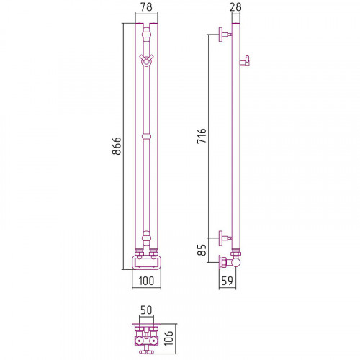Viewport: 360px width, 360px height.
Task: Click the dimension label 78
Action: pos(146,6)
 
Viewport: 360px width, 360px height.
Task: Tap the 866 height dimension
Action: pos(117,146)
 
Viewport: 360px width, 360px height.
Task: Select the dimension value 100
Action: pos(146,281)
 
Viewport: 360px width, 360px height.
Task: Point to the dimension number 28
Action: pos(235,6)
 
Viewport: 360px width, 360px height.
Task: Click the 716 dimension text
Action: pos(202,136)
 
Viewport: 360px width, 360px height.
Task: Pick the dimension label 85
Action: pos(202,250)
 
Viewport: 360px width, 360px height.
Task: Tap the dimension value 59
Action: pos(227,281)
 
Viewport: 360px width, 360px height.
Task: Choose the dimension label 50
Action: pos(146,310)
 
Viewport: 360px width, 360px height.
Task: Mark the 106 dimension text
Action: pos(168,338)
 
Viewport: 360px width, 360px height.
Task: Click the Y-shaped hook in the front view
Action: pos(146,60)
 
